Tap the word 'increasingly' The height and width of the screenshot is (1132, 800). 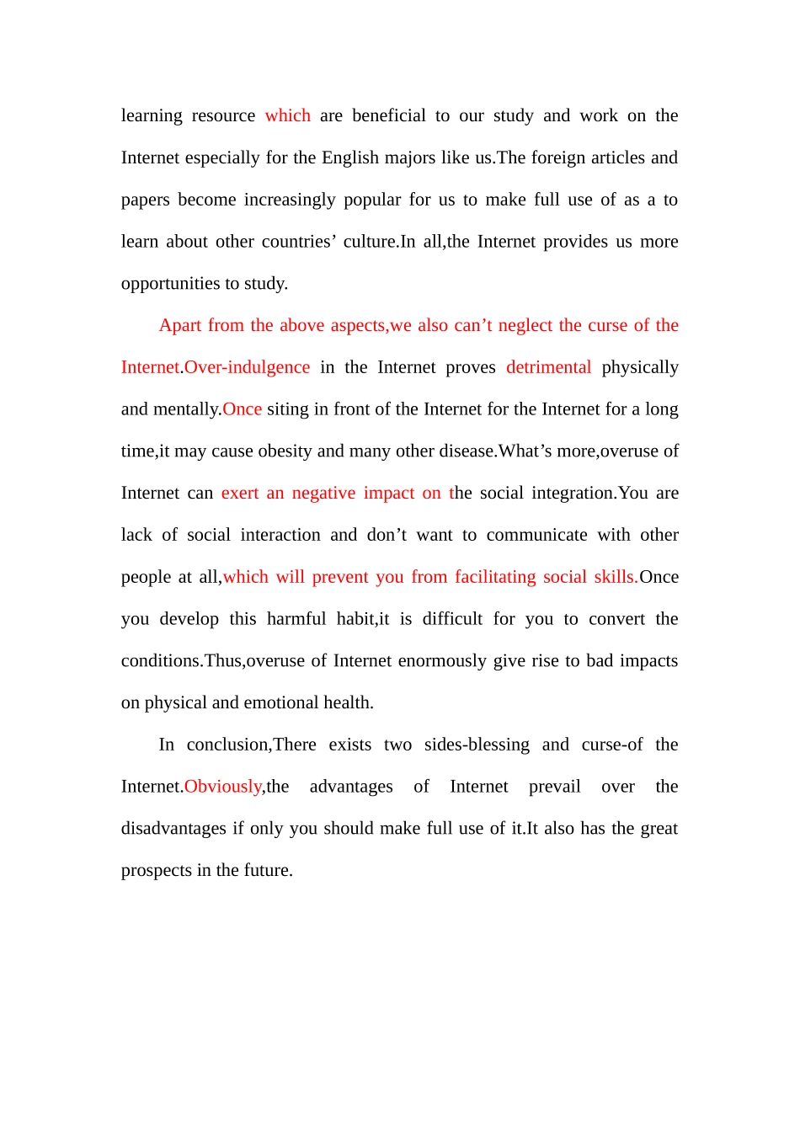pyautogui.click(x=289, y=200)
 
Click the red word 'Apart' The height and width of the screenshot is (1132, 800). pyautogui.click(x=180, y=325)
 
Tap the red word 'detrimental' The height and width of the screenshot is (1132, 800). pyautogui.click(x=548, y=367)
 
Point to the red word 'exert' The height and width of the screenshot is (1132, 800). pyautogui.click(x=240, y=493)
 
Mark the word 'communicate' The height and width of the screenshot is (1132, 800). pyautogui.click(x=536, y=535)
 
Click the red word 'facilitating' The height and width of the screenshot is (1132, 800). pyautogui.click(x=495, y=577)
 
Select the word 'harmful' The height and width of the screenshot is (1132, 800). pyautogui.click(x=296, y=619)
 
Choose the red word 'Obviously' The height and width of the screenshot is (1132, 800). pyautogui.click(x=222, y=787)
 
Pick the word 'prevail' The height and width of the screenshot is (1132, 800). pyautogui.click(x=554, y=787)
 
